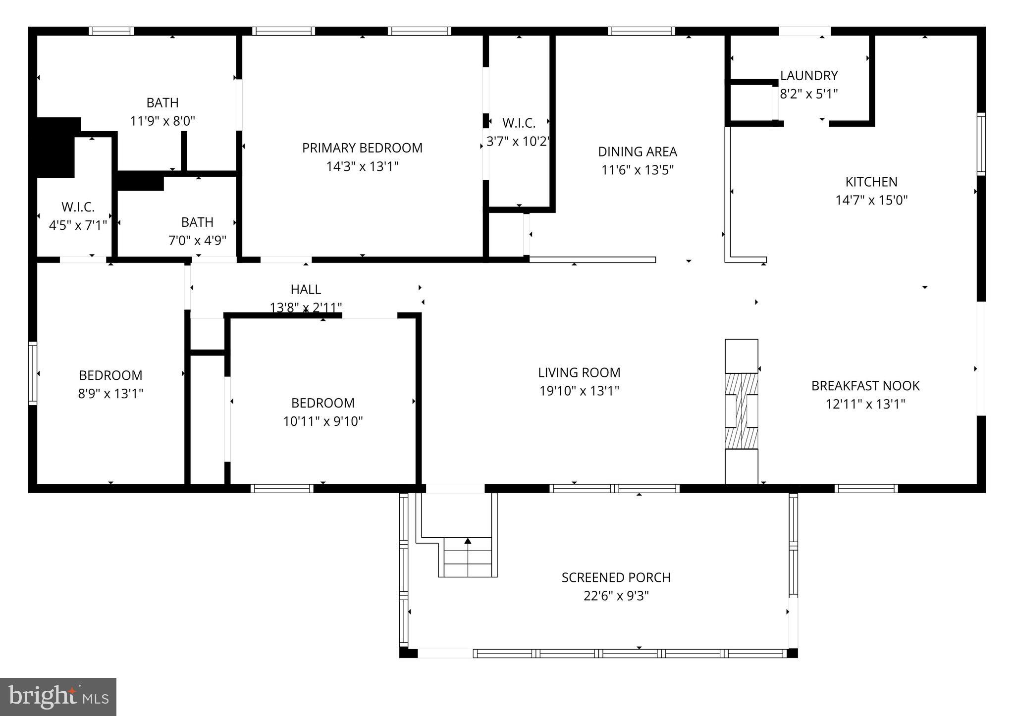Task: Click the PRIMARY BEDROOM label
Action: pyautogui.click(x=362, y=148)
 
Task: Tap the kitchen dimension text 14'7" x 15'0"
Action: pyautogui.click(x=871, y=201)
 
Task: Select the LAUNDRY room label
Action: pyautogui.click(x=809, y=76)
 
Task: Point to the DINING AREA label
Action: pyautogui.click(x=638, y=152)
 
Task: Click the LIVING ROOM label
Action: pyautogui.click(x=579, y=372)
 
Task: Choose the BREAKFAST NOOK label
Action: pyautogui.click(x=865, y=386)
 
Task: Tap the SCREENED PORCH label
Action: pyautogui.click(x=616, y=577)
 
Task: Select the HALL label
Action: pyautogui.click(x=306, y=289)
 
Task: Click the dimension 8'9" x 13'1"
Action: pyautogui.click(x=110, y=394)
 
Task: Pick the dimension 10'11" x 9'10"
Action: pyautogui.click(x=323, y=421)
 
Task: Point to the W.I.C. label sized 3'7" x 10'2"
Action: pyautogui.click(x=519, y=123)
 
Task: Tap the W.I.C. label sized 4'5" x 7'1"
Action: pyautogui.click(x=78, y=207)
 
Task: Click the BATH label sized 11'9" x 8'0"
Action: pyautogui.click(x=162, y=103)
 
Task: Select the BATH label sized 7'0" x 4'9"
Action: pyautogui.click(x=197, y=222)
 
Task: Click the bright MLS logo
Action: pyautogui.click(x=58, y=697)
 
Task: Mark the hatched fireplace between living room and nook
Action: pyautogui.click(x=742, y=411)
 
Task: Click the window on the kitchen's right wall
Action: pyautogui.click(x=981, y=144)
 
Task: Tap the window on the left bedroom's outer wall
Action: pyautogui.click(x=33, y=373)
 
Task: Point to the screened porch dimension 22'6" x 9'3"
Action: pyautogui.click(x=616, y=596)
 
